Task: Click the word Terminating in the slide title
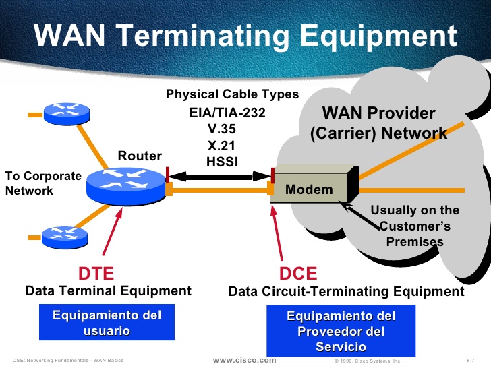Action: pos(203,36)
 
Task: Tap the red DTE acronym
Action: pos(96,273)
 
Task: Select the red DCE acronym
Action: pos(298,273)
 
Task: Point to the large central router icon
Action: pos(126,186)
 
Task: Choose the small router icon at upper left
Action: pos(67,114)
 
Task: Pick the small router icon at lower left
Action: pos(65,237)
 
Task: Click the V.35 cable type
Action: pos(222,129)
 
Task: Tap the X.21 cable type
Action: pos(221,146)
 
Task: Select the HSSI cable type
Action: pos(222,162)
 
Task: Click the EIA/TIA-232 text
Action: pos(227,113)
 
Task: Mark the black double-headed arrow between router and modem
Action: pos(220,177)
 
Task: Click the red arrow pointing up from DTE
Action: pos(112,232)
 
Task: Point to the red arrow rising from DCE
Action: pos(277,232)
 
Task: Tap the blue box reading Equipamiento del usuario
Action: pos(107,322)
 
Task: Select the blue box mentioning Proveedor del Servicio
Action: pos(341,331)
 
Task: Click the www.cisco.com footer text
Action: pos(245,360)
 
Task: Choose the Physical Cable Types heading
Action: pos(232,94)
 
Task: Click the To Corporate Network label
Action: pos(43,183)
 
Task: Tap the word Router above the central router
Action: pos(140,156)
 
